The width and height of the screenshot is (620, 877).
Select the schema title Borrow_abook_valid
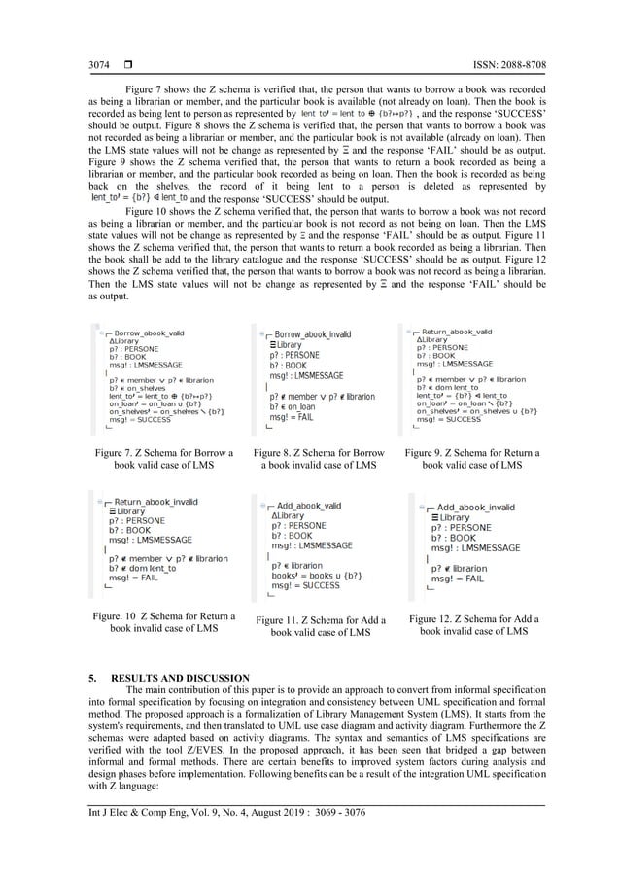[x=149, y=333]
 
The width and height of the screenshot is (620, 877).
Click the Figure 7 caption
[x=162, y=459]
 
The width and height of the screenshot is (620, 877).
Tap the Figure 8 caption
[x=318, y=459]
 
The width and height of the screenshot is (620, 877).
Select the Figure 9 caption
[x=470, y=459]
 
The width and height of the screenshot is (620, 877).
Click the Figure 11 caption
[x=321, y=626]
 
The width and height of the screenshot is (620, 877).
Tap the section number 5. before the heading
[x=93, y=677]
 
